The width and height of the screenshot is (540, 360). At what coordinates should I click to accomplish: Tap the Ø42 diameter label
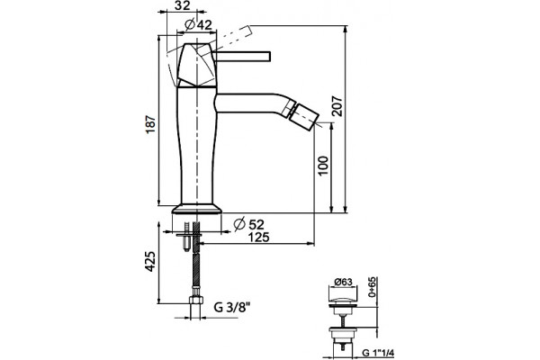pyautogui.click(x=198, y=24)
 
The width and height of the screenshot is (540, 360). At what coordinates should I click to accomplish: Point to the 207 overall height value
pyautogui.click(x=337, y=106)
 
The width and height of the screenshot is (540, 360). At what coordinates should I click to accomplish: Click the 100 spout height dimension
pyautogui.click(x=323, y=166)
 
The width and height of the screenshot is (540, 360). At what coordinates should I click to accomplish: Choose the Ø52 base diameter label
pyautogui.click(x=248, y=225)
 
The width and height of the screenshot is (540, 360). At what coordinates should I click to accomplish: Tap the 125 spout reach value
pyautogui.click(x=258, y=237)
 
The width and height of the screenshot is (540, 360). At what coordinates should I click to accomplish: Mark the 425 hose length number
pyautogui.click(x=150, y=262)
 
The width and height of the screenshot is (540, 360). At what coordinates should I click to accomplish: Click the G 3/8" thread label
pyautogui.click(x=232, y=307)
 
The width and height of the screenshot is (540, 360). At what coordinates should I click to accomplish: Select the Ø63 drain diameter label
pyautogui.click(x=343, y=282)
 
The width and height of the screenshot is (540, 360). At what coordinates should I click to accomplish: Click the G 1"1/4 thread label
pyautogui.click(x=378, y=353)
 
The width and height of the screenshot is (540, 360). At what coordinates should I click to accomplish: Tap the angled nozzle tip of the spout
pyautogui.click(x=304, y=118)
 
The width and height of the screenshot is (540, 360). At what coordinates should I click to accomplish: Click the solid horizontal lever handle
pyautogui.click(x=242, y=57)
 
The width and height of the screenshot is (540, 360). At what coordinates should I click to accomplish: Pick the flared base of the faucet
pyautogui.click(x=197, y=209)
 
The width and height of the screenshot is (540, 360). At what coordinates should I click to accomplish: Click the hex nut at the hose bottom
pyautogui.click(x=195, y=299)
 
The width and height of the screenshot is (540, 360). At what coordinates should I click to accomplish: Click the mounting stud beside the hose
pyautogui.click(x=186, y=237)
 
